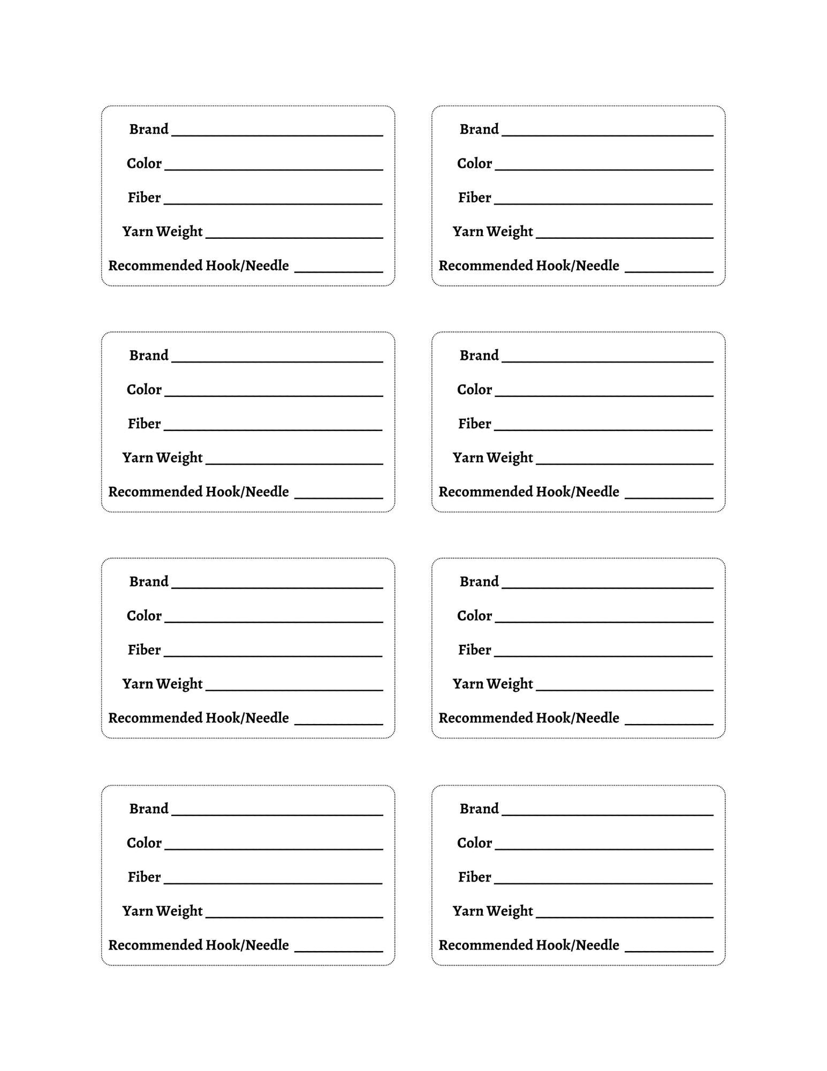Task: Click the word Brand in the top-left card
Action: [149, 129]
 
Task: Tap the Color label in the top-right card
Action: [474, 163]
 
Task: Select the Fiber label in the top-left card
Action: [144, 198]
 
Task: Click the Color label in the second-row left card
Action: [144, 389]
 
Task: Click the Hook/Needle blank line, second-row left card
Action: [338, 497]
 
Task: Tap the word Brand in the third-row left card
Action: [149, 582]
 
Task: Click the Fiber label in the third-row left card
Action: [144, 650]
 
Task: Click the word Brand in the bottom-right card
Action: [479, 809]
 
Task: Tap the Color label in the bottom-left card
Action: [144, 843]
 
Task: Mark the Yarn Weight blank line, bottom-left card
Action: [294, 917]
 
